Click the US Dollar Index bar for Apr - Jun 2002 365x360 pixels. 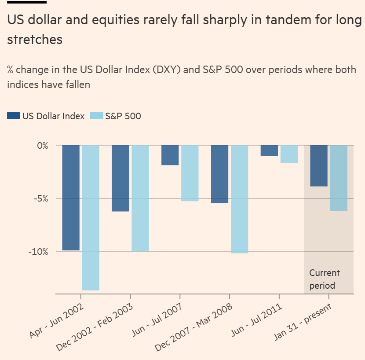pyautogui.click(x=71, y=198)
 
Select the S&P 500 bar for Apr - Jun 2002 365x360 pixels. pyautogui.click(x=91, y=217)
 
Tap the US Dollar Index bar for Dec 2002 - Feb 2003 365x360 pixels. pyautogui.click(x=120, y=178)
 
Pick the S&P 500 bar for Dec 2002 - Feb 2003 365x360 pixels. pyautogui.click(x=140, y=198)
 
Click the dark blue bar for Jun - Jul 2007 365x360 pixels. pyautogui.click(x=170, y=155)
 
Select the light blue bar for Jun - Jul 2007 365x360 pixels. pyautogui.click(x=190, y=173)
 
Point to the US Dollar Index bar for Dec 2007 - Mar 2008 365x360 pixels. pyautogui.click(x=220, y=174)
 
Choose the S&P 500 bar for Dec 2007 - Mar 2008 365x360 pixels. pyautogui.click(x=240, y=199)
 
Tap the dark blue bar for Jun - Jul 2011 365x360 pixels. pyautogui.click(x=269, y=151)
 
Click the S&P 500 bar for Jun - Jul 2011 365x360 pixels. pyautogui.click(x=289, y=154)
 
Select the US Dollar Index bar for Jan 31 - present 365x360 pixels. pyautogui.click(x=319, y=165)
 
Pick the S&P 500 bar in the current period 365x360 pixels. pyautogui.click(x=339, y=178)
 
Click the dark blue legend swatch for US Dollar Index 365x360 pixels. pyautogui.click(x=14, y=116)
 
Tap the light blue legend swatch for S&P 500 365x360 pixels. pyautogui.click(x=96, y=116)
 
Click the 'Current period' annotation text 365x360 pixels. pyautogui.click(x=325, y=279)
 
